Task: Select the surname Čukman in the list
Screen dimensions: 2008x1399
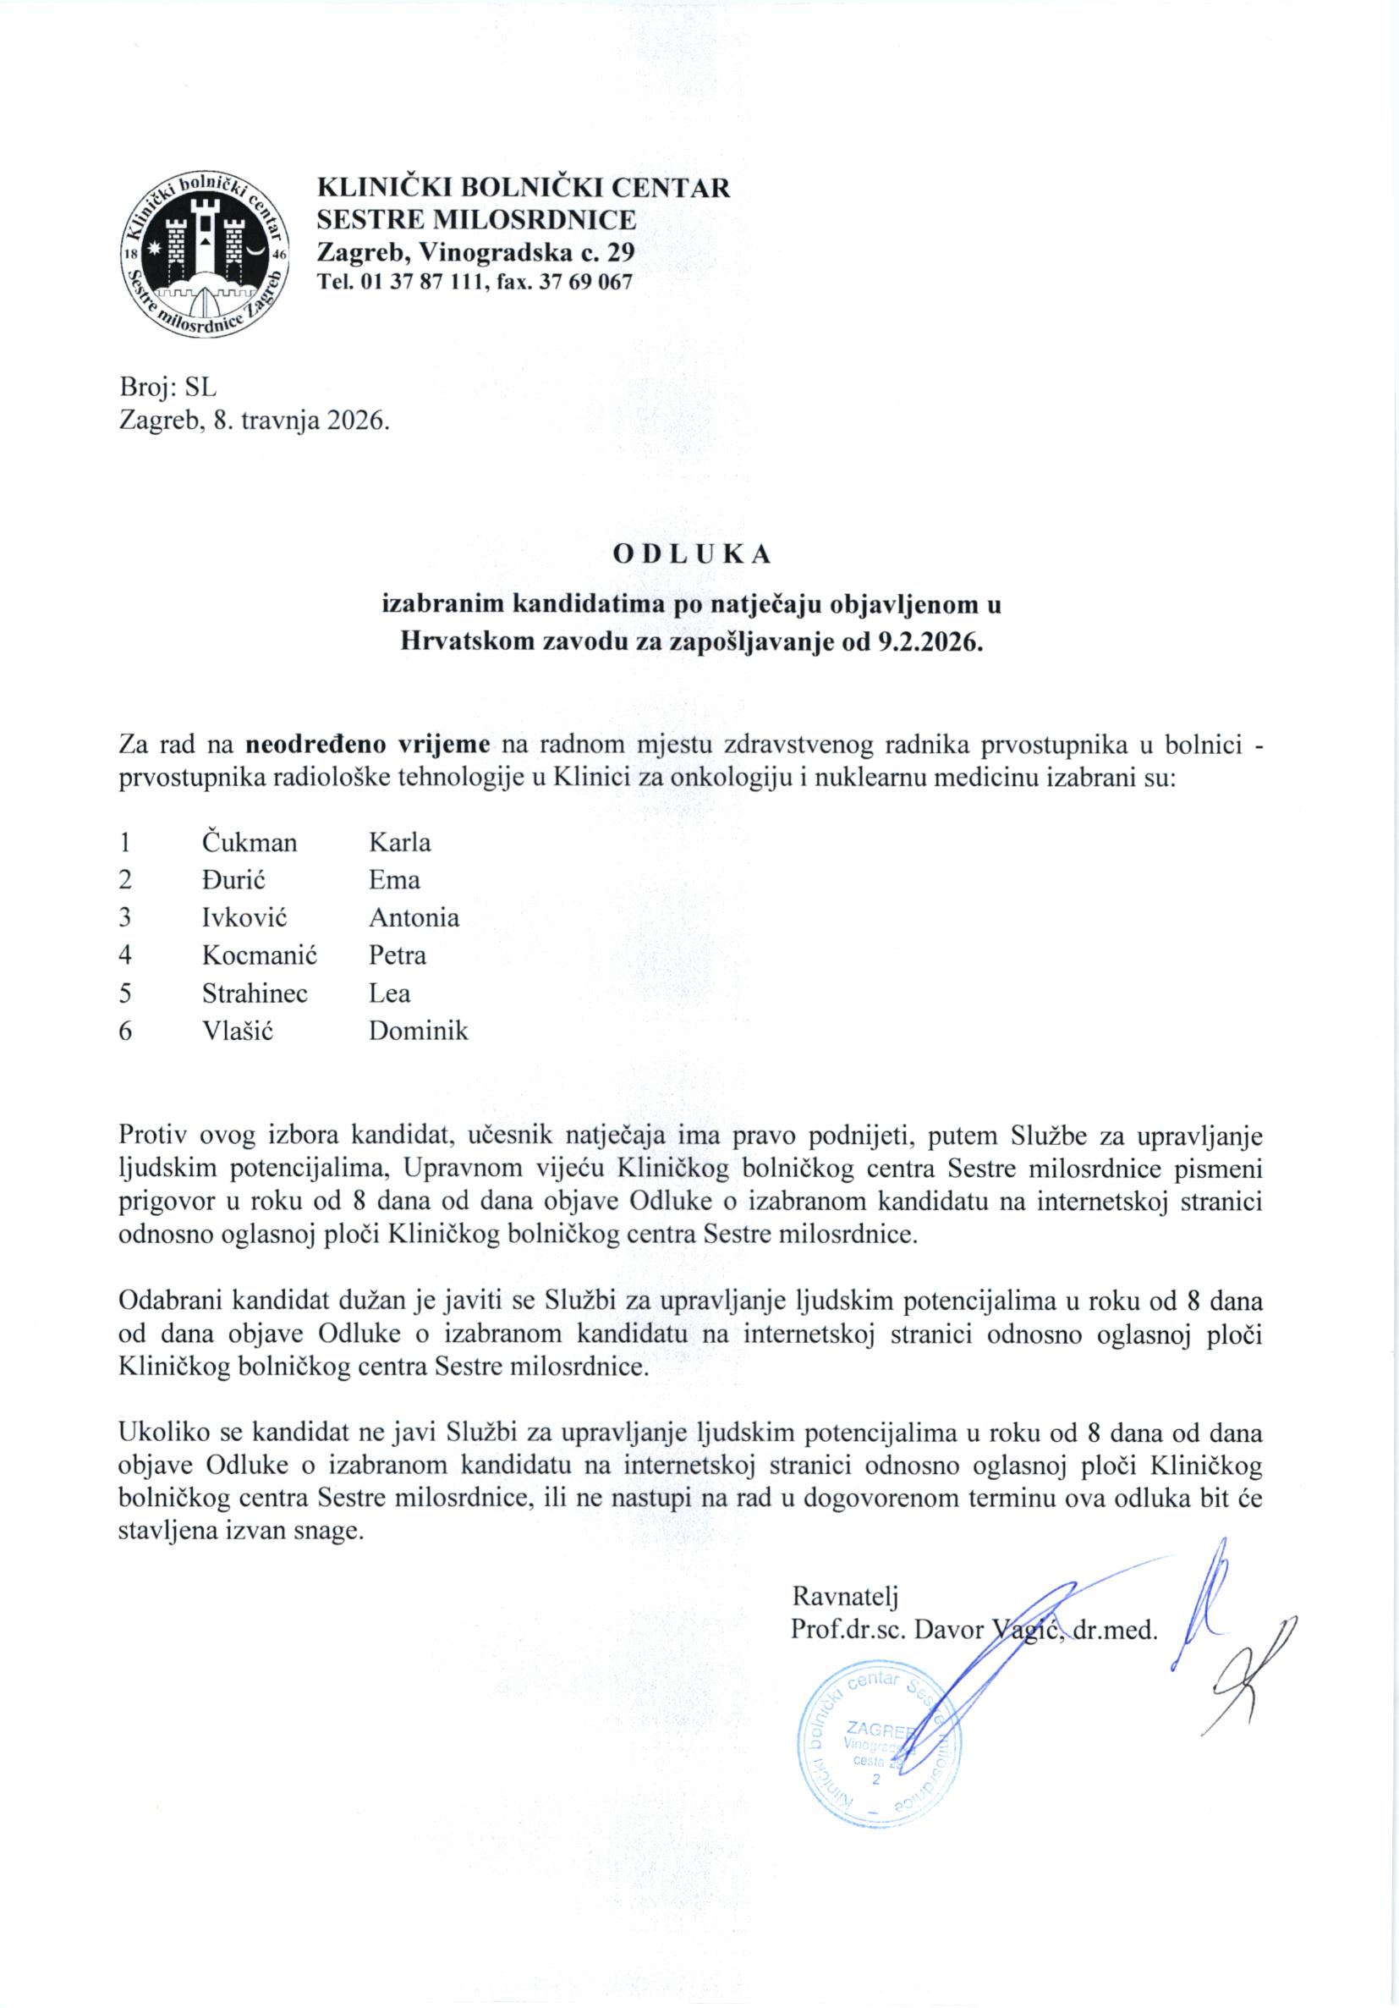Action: point(250,842)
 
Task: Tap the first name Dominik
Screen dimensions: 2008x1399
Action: point(418,1031)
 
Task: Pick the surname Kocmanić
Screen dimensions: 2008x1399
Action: point(259,955)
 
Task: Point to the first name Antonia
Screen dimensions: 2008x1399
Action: point(414,917)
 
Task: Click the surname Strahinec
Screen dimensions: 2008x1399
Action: point(255,993)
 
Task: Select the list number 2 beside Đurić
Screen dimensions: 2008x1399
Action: point(125,880)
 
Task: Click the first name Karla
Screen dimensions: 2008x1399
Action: point(399,842)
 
